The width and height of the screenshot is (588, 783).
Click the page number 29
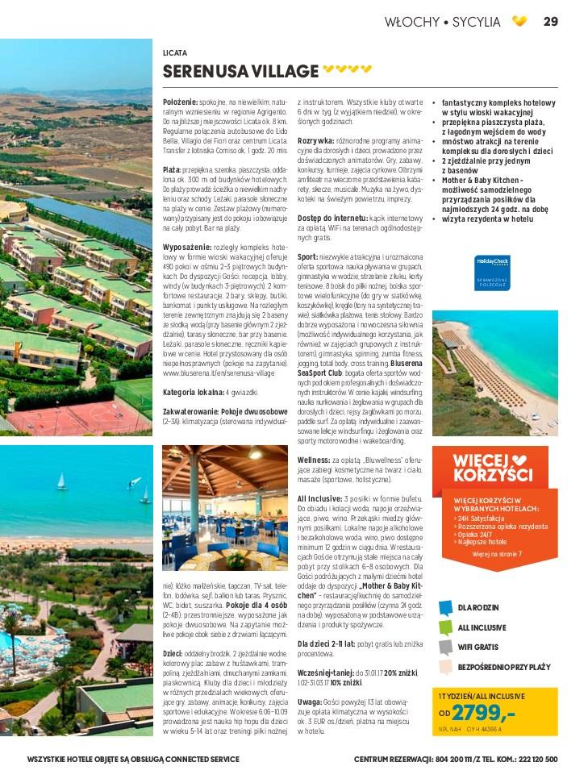(551, 22)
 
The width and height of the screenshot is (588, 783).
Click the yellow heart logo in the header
(520, 22)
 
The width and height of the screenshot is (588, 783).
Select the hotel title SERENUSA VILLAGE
(240, 71)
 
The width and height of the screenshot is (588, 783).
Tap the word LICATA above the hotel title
(175, 53)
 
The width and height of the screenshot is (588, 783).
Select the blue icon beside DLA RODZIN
(445, 607)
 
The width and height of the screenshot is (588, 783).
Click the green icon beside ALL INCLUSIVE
(445, 627)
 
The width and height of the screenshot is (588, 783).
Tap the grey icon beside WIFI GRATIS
(445, 647)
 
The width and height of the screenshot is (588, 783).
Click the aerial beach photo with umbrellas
(494, 373)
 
